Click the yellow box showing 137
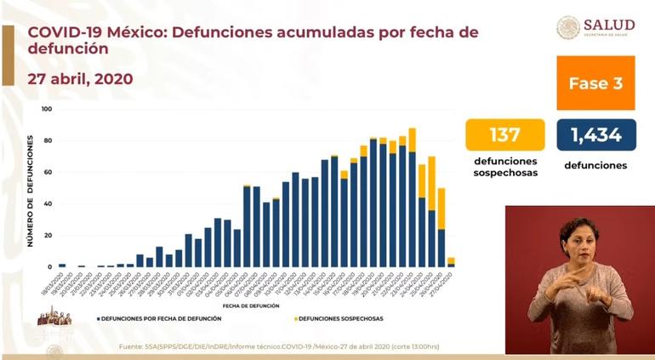504,134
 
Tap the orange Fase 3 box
595,83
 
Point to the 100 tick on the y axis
46,109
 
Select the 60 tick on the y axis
48,172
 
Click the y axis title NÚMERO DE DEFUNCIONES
30,189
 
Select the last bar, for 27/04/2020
451,262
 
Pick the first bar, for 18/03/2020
62,266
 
